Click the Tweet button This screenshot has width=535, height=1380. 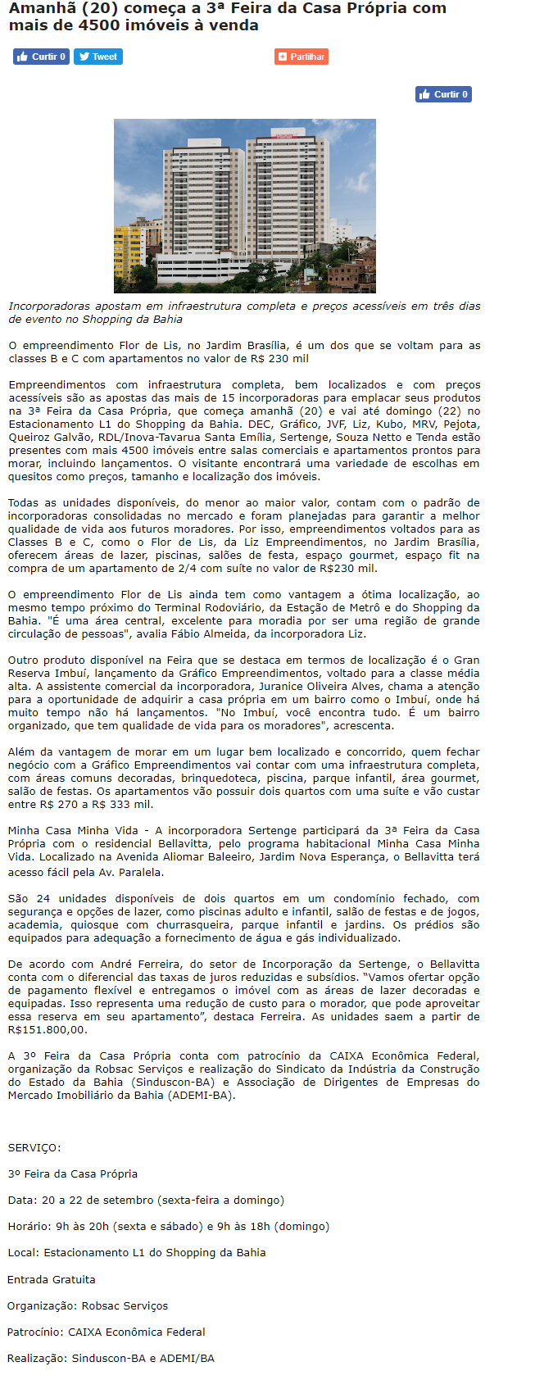click(97, 57)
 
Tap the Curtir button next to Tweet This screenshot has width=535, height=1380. click(41, 57)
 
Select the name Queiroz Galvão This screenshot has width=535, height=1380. click(38, 438)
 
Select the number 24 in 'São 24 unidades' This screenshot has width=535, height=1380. click(43, 899)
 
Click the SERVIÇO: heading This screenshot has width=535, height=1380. click(34, 1148)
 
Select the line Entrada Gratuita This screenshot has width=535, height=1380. click(52, 1280)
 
